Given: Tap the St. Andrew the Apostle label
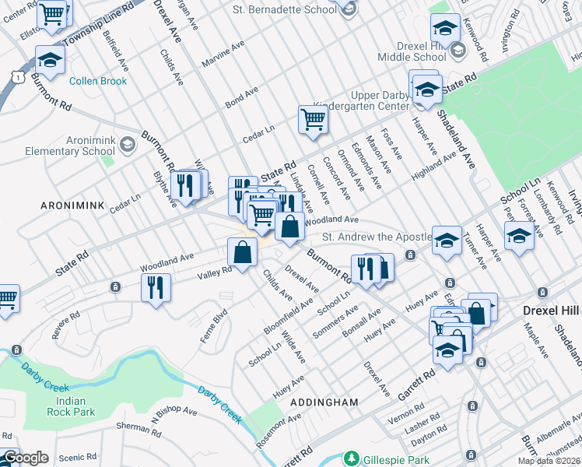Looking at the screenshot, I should coord(377,237).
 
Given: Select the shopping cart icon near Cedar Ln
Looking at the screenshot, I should coord(312,120).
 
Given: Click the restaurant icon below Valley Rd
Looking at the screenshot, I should coord(156,287).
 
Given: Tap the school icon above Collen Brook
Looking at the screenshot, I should coord(50,60).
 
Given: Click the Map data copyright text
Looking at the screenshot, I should coord(549,461).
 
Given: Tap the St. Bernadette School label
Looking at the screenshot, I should coord(284,9).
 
